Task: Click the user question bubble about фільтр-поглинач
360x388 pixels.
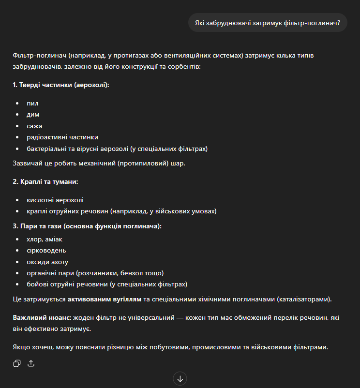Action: point(268,22)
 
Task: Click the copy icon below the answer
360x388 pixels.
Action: point(17,363)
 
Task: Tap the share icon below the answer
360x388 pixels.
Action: point(31,363)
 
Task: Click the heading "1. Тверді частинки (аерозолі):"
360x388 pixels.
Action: point(61,85)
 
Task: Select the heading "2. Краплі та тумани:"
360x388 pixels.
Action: point(45,181)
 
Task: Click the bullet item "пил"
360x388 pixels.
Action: point(33,104)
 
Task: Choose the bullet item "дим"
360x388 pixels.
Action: point(33,115)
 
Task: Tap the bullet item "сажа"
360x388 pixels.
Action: point(35,126)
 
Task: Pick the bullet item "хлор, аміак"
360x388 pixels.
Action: point(45,239)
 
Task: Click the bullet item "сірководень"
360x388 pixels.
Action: point(46,251)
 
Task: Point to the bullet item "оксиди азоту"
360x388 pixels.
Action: point(47,262)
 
